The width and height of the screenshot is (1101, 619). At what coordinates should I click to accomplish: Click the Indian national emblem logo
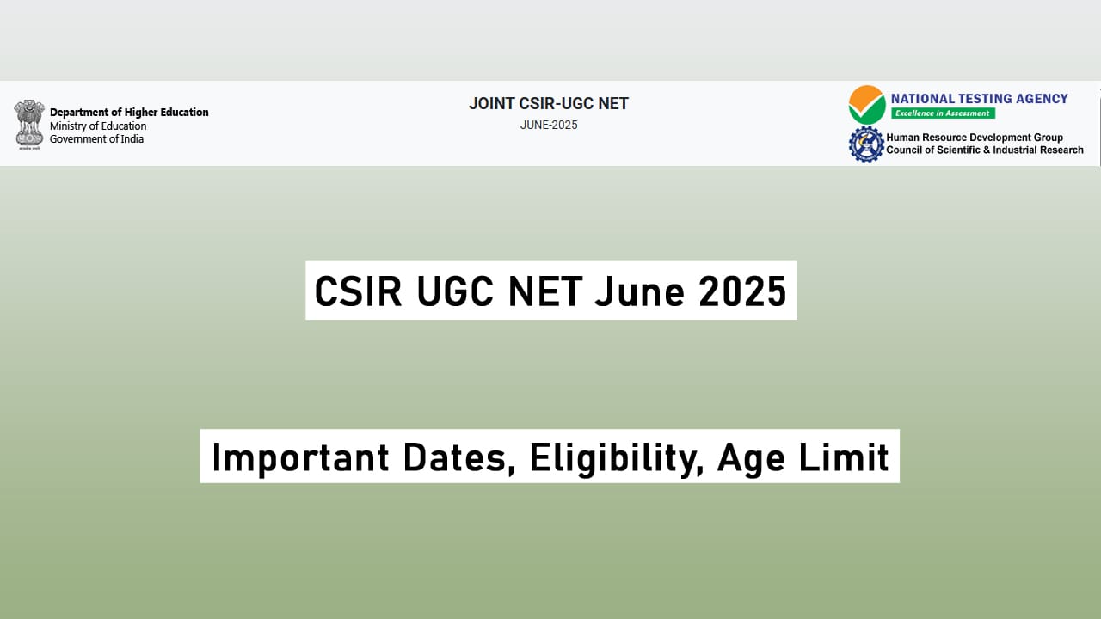29,125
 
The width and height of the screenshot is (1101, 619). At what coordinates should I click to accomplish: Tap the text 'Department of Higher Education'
129,112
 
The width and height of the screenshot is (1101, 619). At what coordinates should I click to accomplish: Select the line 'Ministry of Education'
98,126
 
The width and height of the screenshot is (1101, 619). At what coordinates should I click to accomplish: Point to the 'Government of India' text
96,139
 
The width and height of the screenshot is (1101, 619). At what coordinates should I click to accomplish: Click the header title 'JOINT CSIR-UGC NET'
549,104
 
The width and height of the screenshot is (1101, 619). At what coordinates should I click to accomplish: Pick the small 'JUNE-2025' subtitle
549,126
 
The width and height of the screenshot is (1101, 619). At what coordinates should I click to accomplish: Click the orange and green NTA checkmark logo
866,105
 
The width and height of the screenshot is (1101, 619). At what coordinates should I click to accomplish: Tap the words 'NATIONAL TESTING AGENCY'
979,99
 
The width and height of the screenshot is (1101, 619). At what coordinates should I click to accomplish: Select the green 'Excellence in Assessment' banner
943,113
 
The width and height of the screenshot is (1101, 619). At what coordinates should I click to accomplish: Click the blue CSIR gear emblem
866,144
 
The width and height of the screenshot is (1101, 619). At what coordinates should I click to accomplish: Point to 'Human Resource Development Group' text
975,138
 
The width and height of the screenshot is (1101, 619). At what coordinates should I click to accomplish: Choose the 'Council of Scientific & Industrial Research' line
985,150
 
